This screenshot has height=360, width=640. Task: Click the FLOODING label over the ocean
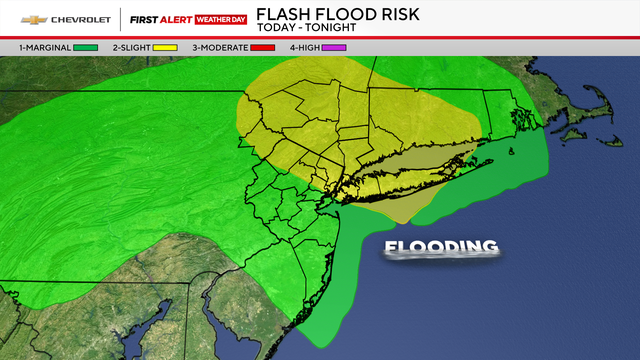click(x=440, y=247)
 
